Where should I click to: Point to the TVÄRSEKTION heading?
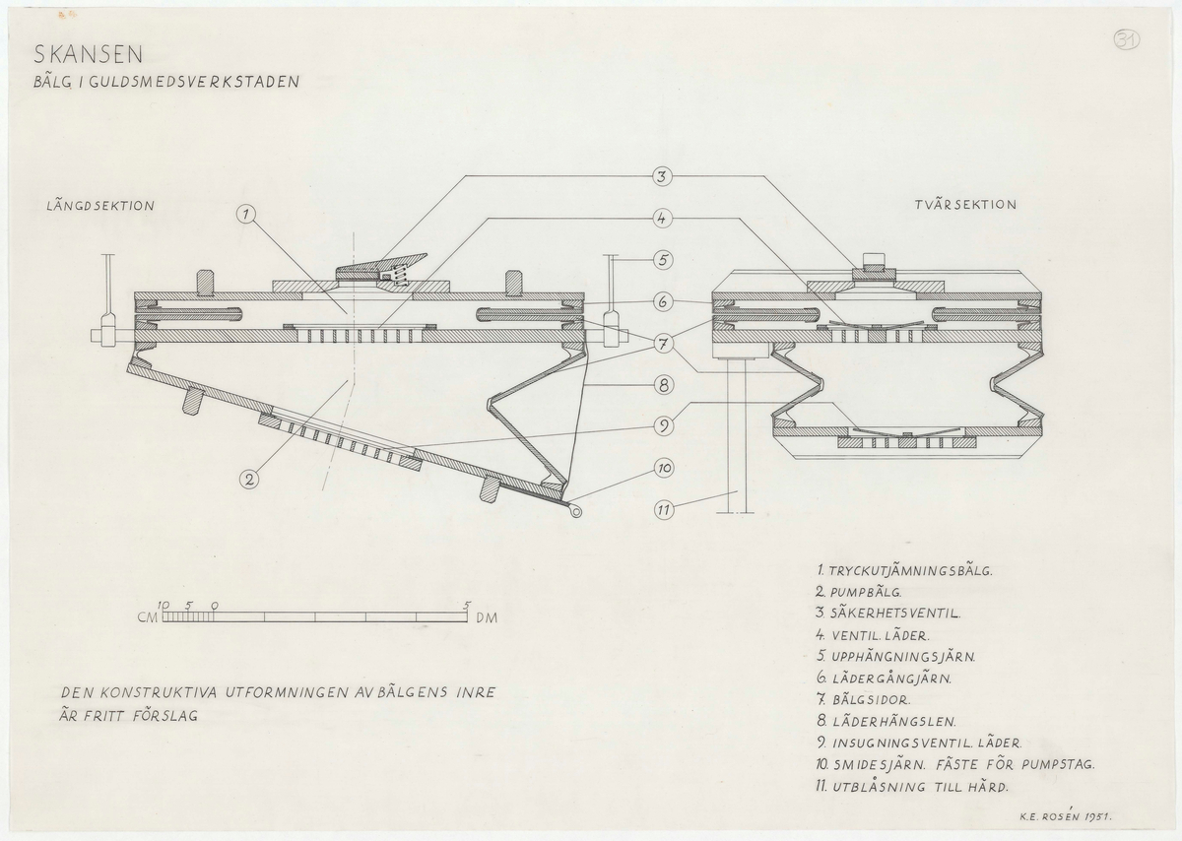965,205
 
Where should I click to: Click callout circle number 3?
662,176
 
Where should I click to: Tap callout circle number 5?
662,260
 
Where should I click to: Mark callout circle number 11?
662,510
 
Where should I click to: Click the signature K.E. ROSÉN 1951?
1074,815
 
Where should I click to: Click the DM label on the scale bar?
485,619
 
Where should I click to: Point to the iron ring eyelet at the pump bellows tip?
574,510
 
